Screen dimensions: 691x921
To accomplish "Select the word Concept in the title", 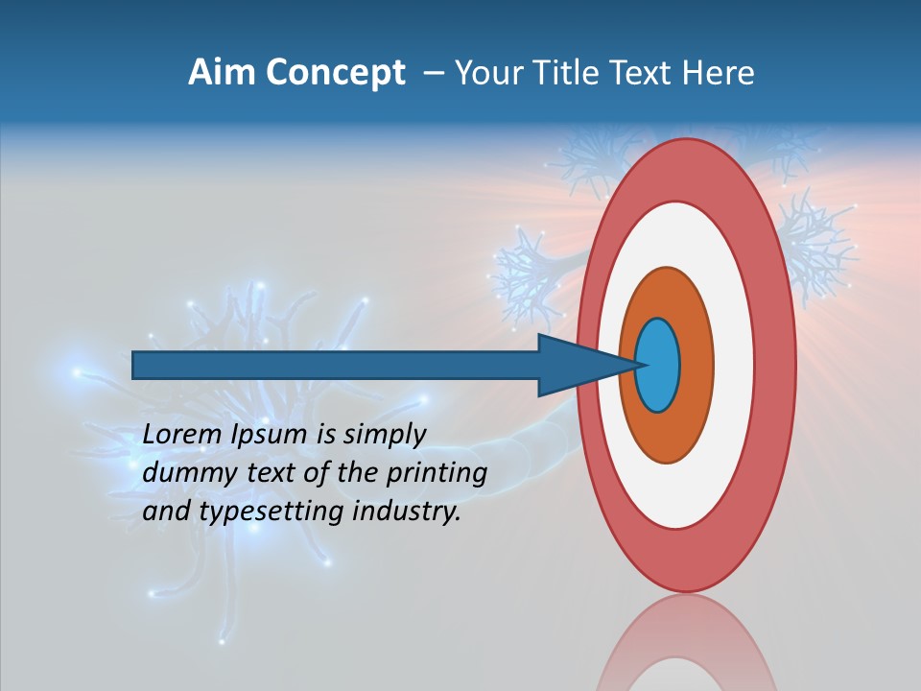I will pos(336,73).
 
